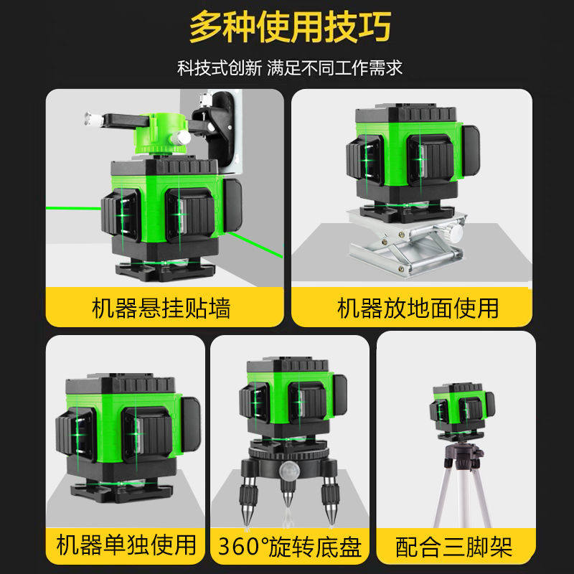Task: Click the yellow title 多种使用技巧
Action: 291,27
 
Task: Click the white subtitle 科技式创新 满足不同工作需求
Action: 290,68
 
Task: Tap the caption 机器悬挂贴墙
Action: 161,309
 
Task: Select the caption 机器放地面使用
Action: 418,309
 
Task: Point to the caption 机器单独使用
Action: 126,545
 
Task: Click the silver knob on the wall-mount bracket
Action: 181,138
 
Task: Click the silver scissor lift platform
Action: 406,243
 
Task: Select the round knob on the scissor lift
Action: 456,232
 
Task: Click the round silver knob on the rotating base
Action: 290,471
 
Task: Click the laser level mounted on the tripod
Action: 462,410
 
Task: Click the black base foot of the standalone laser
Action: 121,491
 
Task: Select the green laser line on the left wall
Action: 73,208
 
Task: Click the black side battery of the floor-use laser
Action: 471,150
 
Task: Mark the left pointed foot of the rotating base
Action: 248,502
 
